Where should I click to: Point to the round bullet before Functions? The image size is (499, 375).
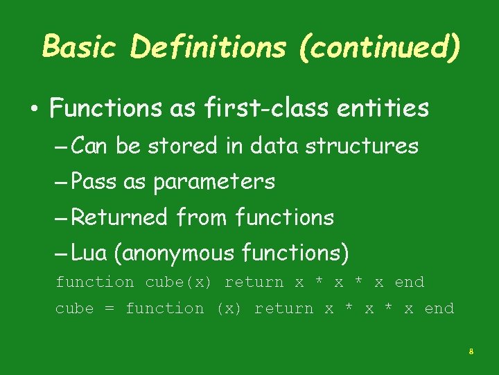pyautogui.click(x=33, y=110)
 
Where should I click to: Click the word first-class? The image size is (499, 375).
pyautogui.click(x=259, y=108)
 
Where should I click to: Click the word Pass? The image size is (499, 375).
pyautogui.click(x=94, y=182)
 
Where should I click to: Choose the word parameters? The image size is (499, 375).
pyautogui.click(x=214, y=183)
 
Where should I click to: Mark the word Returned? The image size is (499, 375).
pyautogui.click(x=119, y=218)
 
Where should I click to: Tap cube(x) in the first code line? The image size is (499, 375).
pyautogui.click(x=180, y=283)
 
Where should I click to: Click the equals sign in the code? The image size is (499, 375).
pyautogui.click(x=110, y=309)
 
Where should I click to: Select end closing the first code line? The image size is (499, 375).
pyautogui.click(x=409, y=283)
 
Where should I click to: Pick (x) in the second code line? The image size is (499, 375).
pyautogui.click(x=229, y=309)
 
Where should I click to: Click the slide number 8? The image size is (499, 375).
pyautogui.click(x=471, y=352)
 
